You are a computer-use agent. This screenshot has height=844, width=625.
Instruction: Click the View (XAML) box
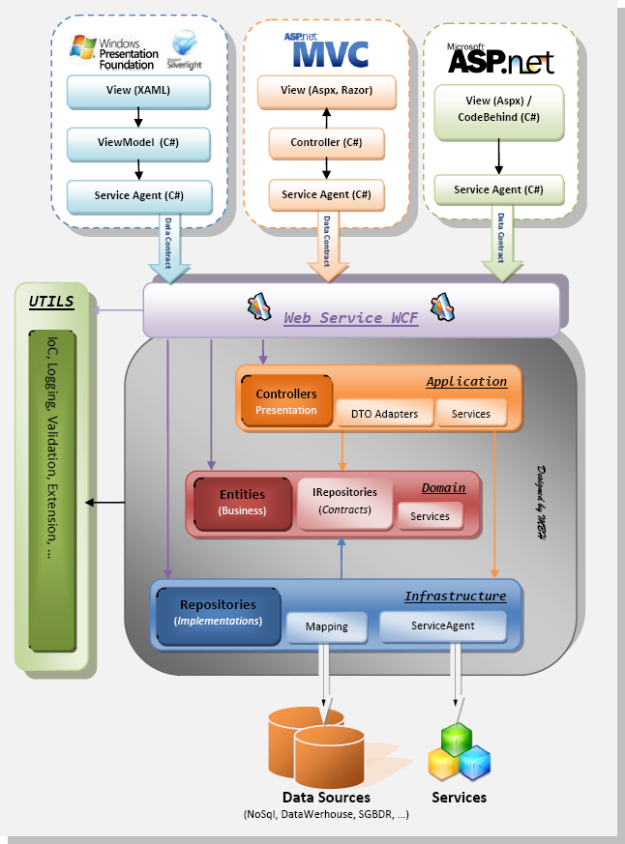138,91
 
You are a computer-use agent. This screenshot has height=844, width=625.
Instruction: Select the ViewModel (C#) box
138,143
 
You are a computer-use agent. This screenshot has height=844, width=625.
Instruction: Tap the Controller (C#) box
326,143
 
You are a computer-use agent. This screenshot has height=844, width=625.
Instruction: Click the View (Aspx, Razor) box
326,91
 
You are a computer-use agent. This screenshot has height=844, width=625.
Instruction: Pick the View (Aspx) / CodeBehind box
497,108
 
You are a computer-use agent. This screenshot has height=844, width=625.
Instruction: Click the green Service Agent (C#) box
497,189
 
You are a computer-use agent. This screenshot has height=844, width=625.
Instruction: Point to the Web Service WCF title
350,317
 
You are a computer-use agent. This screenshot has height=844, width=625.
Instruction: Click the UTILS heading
51,302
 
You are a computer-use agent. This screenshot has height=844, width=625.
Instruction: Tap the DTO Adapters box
384,414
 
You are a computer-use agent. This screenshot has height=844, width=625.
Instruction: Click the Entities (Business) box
242,502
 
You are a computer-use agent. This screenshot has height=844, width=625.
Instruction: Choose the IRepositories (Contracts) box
344,501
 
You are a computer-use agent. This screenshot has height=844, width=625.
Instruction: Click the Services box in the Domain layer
430,516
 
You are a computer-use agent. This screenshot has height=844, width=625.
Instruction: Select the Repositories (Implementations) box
218,613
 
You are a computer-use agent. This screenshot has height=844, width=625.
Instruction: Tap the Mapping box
326,626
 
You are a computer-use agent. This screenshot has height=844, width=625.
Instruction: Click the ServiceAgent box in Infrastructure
442,626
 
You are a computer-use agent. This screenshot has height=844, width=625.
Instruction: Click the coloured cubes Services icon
459,752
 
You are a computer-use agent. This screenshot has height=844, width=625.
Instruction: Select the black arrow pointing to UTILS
105,503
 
